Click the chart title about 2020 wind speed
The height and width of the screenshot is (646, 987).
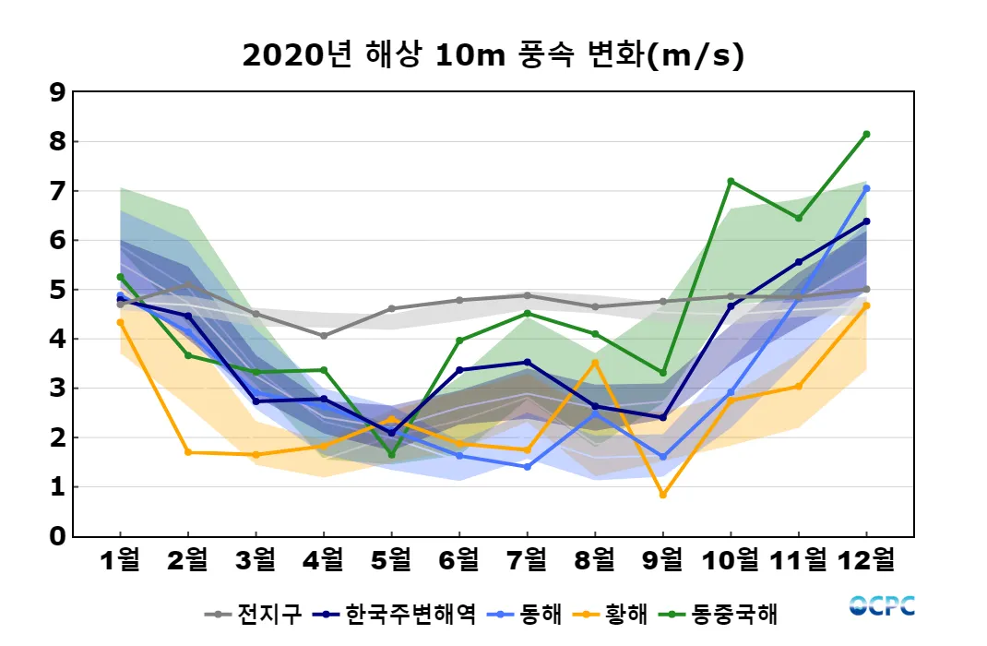point(493,55)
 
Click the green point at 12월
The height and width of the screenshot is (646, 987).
point(866,135)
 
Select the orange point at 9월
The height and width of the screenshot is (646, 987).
point(662,495)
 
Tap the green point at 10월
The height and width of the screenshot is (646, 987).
point(731,181)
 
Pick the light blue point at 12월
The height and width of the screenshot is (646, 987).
point(866,188)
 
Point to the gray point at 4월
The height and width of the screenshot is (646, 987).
point(324,336)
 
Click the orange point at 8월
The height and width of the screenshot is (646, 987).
point(595,363)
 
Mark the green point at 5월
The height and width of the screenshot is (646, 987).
point(391,455)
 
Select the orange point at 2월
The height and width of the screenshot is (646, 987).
point(188,452)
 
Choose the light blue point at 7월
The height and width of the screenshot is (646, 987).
point(527,467)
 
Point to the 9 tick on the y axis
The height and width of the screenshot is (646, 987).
point(57,92)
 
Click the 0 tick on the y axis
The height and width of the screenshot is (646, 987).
point(57,536)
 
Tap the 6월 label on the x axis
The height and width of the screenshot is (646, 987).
point(458,559)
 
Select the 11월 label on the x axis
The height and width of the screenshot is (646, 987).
point(798,559)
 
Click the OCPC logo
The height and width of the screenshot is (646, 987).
point(882,605)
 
